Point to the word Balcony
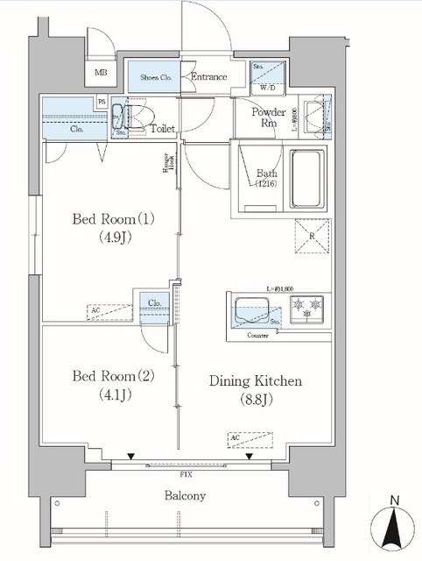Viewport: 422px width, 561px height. (x=184, y=495)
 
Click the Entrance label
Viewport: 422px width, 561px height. (x=209, y=77)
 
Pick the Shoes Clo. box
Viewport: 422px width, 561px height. (x=154, y=77)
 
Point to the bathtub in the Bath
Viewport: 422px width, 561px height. (x=306, y=178)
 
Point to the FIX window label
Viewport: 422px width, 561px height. (x=186, y=473)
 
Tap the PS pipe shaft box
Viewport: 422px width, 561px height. (x=102, y=102)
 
